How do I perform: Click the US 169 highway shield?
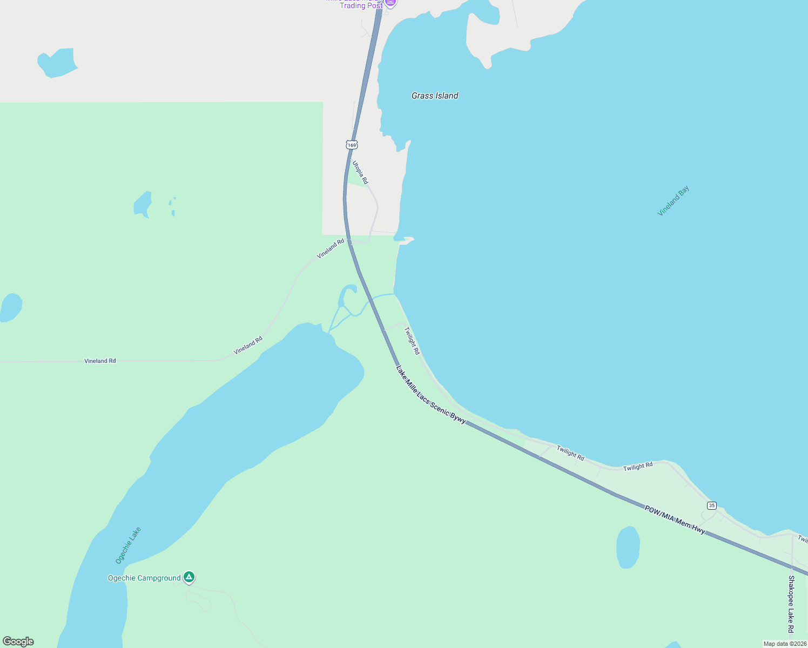coord(352,145)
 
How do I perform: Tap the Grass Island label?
coord(435,96)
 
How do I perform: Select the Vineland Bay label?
coord(673,201)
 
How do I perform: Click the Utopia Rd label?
coord(360,172)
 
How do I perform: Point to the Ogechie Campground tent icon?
coord(188,577)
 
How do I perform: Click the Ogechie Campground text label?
coord(144,578)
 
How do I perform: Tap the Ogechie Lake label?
coord(128,545)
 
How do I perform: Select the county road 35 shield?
coord(712,505)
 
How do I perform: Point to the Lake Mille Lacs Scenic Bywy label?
coord(430,395)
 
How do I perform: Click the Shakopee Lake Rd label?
coord(791,604)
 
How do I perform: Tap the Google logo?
coord(18,642)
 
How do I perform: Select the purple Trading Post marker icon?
coord(390,3)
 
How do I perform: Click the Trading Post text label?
coord(361,5)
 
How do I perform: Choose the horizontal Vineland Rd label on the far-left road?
coord(100,361)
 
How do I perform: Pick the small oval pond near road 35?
coord(628,547)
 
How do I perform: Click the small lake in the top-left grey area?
coord(57,63)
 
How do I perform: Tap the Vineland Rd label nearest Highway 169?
coord(330,248)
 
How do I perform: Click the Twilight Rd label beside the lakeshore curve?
coord(412,341)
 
